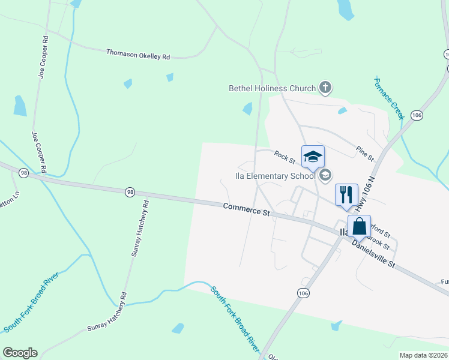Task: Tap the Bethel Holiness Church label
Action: click(x=272, y=88)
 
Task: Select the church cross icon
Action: click(x=325, y=88)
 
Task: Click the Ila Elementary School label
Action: click(x=274, y=176)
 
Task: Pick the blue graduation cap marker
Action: click(x=312, y=157)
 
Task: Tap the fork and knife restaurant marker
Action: click(x=346, y=194)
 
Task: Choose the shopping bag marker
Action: click(x=359, y=227)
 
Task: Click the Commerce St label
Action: click(x=247, y=209)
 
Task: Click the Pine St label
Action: click(x=364, y=153)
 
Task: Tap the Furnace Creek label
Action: click(x=390, y=97)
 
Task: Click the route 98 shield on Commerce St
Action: click(x=130, y=192)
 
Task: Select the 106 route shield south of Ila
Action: click(x=303, y=292)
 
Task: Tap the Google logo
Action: click(x=20, y=353)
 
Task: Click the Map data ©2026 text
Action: click(x=423, y=355)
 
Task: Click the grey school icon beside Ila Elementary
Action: click(x=325, y=175)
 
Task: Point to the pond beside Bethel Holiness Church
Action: click(x=247, y=109)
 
